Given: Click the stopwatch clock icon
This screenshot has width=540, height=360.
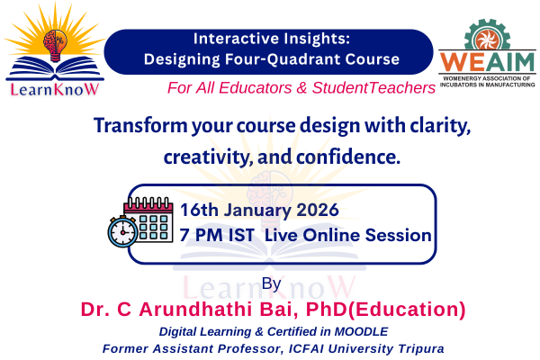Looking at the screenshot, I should point(121,232).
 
